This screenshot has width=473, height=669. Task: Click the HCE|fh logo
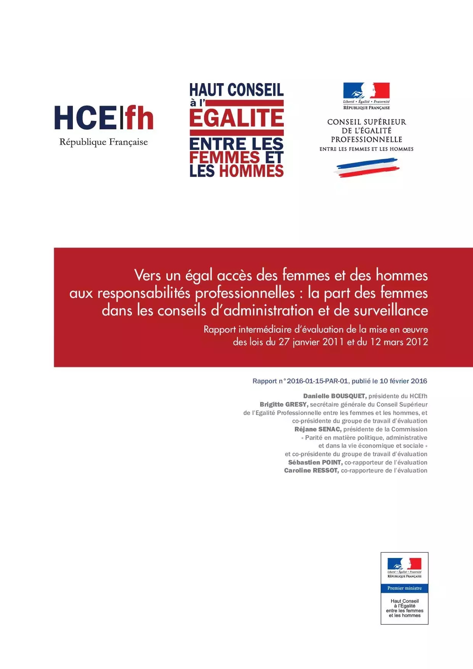coord(104,118)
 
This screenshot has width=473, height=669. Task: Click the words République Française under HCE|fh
coord(103,142)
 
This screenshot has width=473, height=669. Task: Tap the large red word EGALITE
coord(236,118)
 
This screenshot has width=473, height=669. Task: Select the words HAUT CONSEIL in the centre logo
coord(236,90)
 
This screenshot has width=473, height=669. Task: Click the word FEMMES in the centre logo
coord(225,158)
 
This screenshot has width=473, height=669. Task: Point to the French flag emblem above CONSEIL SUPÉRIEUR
coord(366,91)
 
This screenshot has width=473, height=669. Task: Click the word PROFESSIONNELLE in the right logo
coord(366,140)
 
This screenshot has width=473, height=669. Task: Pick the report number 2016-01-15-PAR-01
coord(317,381)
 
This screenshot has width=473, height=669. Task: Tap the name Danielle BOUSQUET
coord(335,396)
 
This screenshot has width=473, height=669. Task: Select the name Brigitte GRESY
coord(284,405)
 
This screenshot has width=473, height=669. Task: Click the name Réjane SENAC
coord(318,429)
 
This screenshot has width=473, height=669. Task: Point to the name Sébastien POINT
coord(315,463)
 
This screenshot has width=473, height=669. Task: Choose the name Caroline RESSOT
coord(311,471)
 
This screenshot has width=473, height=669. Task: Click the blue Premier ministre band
coord(404,588)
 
